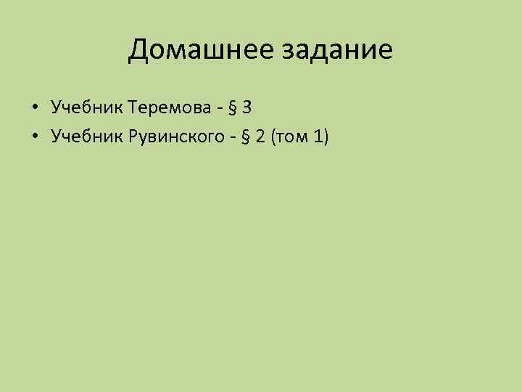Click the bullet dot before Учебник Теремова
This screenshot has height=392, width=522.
click(34, 109)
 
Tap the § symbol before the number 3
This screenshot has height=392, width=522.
click(233, 109)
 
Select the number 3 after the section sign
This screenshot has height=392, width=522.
click(247, 108)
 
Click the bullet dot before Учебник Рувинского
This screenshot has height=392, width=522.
click(34, 135)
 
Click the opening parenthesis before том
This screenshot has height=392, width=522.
click(274, 135)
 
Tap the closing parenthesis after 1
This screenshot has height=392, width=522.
click(326, 135)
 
